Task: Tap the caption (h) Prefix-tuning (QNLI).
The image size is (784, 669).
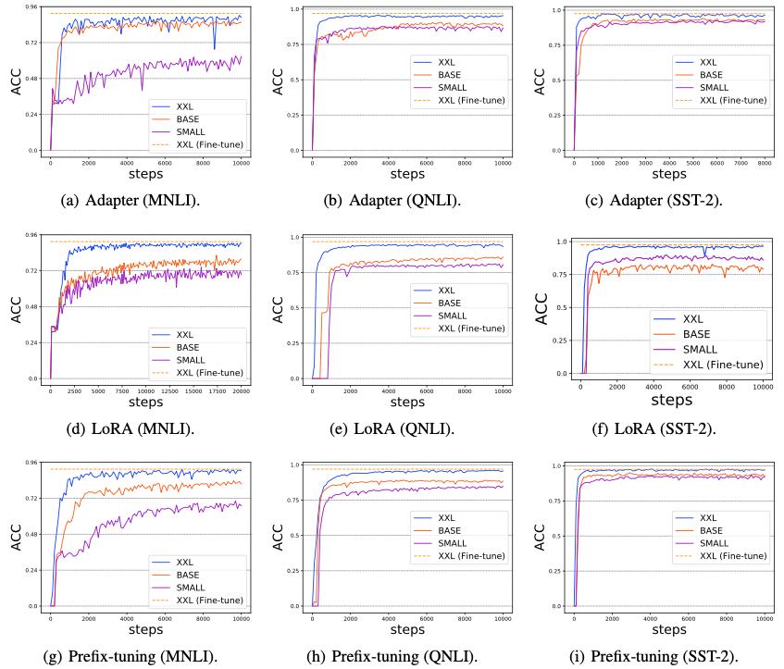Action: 392,657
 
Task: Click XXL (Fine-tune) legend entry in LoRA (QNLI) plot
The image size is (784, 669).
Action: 470,328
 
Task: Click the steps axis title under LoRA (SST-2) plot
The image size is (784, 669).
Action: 671,401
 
